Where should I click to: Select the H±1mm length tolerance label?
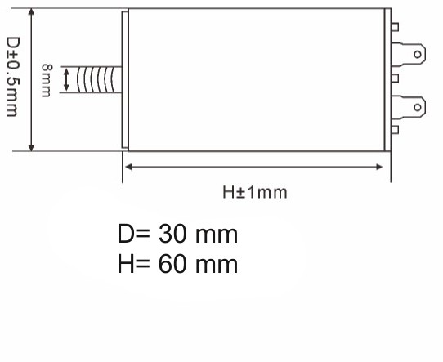pyautogui.click(x=255, y=193)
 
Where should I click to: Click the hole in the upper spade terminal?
pyautogui.click(x=418, y=55)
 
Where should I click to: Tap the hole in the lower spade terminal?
pyautogui.click(x=418, y=105)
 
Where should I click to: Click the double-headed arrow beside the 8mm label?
pyautogui.click(x=65, y=80)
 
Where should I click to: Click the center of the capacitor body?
pyautogui.click(x=256, y=80)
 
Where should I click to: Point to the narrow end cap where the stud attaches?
pyautogui.click(x=125, y=80)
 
